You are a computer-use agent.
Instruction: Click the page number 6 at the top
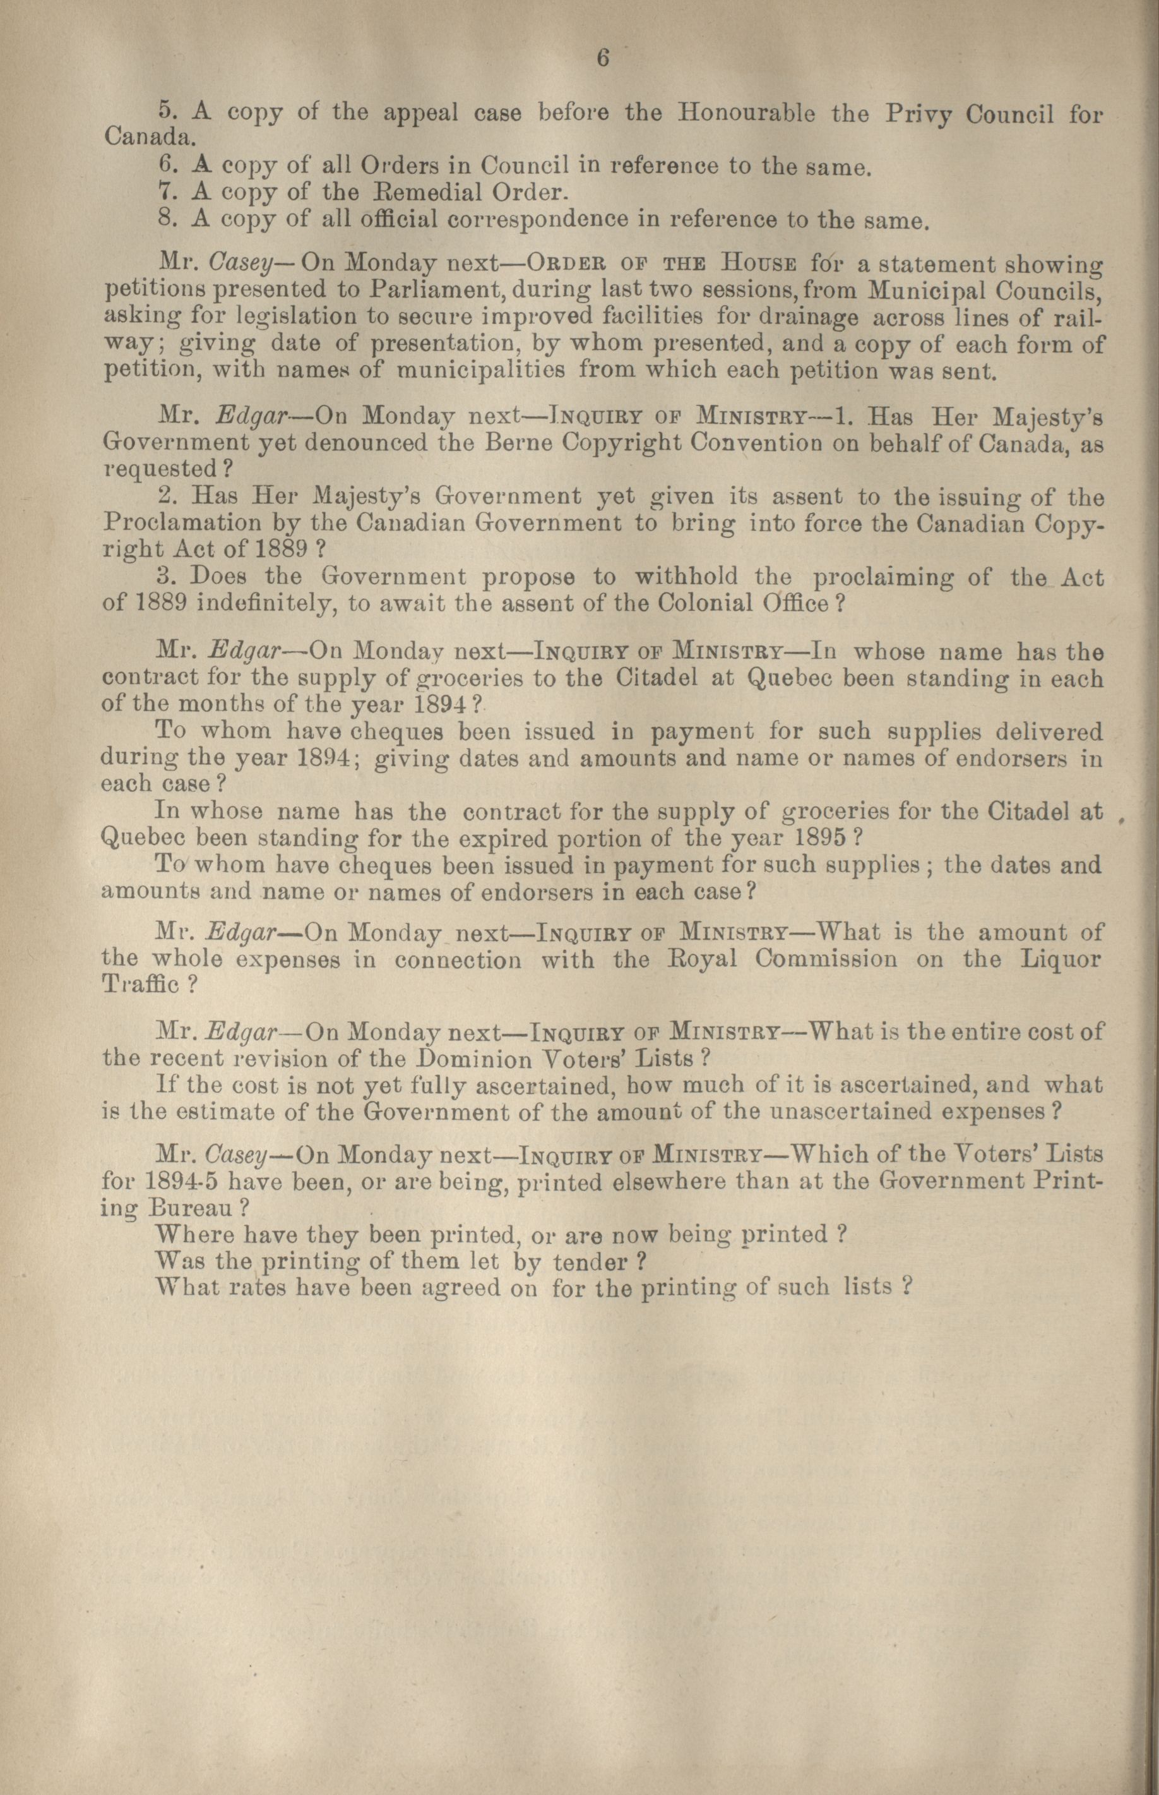pyautogui.click(x=602, y=58)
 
